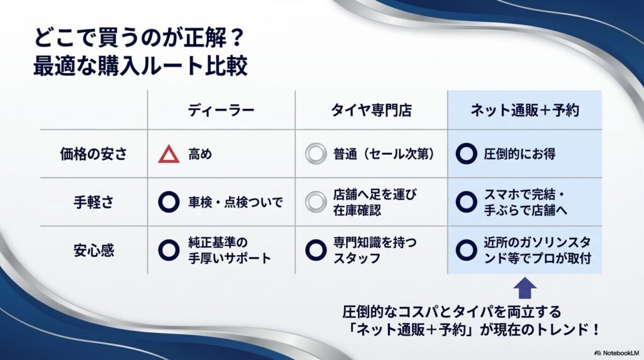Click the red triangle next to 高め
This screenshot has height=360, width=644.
(x=169, y=154)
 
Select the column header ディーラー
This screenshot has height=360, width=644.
(x=221, y=110)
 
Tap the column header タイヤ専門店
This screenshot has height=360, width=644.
(x=371, y=110)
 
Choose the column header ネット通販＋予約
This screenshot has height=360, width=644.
(x=525, y=110)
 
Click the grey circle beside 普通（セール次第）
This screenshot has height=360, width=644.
(x=315, y=154)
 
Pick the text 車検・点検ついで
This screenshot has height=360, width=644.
(x=236, y=202)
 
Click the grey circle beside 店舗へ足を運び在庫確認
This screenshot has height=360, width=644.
(x=315, y=202)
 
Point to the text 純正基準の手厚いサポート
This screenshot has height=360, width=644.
(x=229, y=250)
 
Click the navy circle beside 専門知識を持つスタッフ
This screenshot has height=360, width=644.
(x=315, y=250)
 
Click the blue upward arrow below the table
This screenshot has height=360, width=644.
(x=525, y=289)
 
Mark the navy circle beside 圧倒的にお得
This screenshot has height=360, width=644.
(x=465, y=154)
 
